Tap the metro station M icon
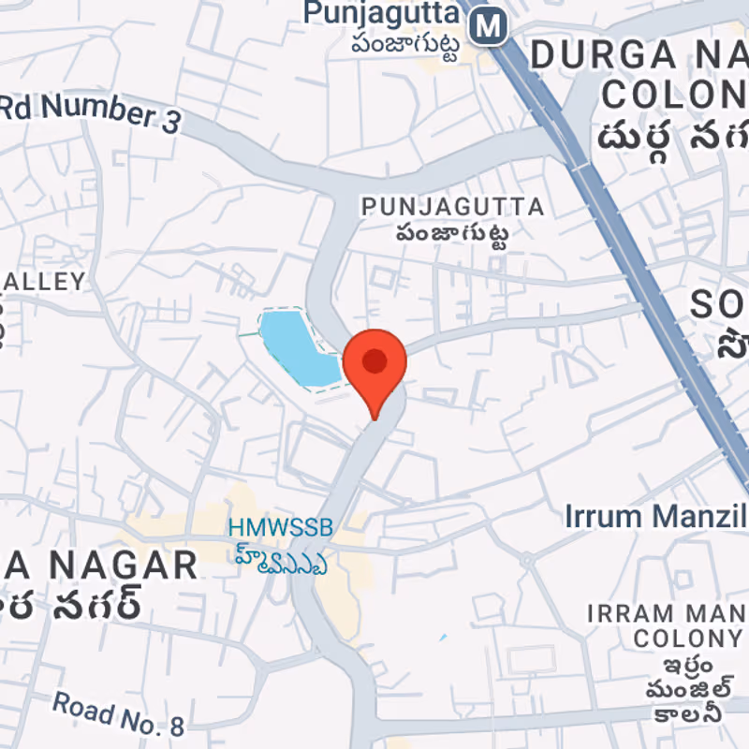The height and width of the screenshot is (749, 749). (488, 25)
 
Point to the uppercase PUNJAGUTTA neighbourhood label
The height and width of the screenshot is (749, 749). (452, 206)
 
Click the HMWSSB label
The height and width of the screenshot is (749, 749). (281, 528)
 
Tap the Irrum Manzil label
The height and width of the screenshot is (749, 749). (655, 516)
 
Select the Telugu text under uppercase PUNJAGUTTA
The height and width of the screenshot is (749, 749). (451, 234)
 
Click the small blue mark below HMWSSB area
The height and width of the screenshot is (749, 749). (442, 638)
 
